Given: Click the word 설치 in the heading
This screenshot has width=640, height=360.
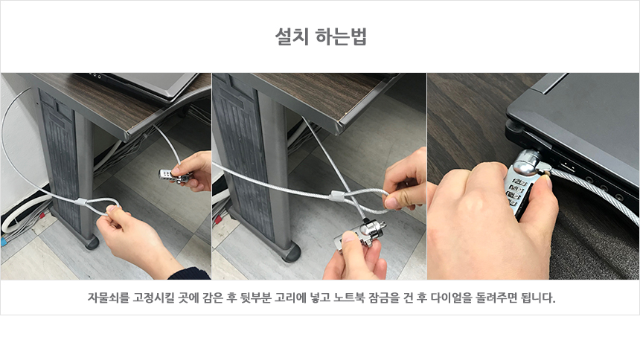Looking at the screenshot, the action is (292, 36).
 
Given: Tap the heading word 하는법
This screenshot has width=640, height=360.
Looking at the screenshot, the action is (342, 36).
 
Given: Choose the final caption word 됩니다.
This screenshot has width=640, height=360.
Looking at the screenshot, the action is (538, 298).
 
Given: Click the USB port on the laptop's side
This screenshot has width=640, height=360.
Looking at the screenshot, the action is (567, 166).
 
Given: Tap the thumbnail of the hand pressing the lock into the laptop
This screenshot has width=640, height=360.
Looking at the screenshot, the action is (533, 176).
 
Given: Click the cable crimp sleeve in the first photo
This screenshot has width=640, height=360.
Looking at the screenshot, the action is (81, 202).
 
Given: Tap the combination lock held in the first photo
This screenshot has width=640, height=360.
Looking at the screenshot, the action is (174, 176).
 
